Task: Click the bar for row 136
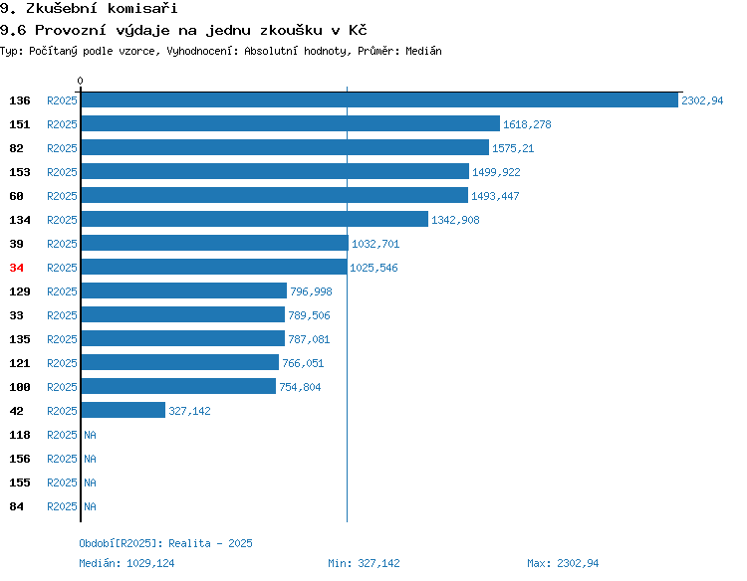point(379,99)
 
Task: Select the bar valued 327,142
point(124,410)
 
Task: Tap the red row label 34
point(16,268)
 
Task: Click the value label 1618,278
point(527,124)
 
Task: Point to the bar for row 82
point(285,147)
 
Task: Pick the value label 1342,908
point(455,220)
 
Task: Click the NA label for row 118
point(90,435)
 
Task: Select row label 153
point(20,172)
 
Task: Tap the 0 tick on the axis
point(80,81)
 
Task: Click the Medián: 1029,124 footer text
point(126,563)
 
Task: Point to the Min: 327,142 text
point(364,563)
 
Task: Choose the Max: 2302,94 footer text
point(563,563)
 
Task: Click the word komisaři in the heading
point(142,8)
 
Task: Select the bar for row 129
point(184,290)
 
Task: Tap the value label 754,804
point(300,387)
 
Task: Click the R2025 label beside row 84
point(62,506)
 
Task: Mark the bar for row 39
point(215,243)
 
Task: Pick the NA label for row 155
point(90,483)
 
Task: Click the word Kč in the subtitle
point(358,30)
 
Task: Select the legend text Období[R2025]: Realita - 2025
point(165,543)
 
